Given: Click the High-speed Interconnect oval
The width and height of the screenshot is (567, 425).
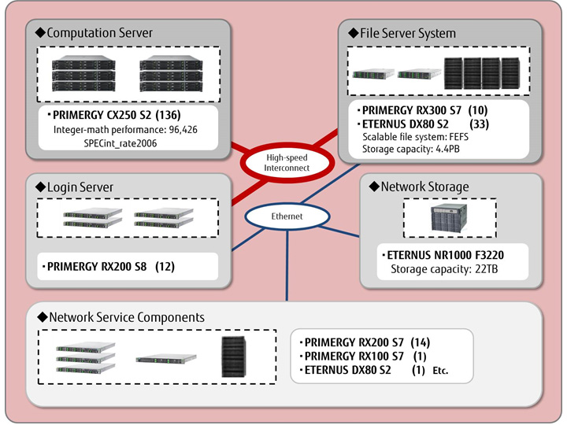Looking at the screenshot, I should (285, 161).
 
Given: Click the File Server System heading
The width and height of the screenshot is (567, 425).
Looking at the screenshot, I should (402, 33).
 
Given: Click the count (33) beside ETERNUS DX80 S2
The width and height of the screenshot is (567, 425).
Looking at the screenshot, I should (480, 124).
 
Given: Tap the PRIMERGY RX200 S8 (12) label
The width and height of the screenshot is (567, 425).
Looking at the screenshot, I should (110, 267).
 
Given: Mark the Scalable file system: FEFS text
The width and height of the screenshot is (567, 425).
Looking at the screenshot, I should (416, 136).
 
